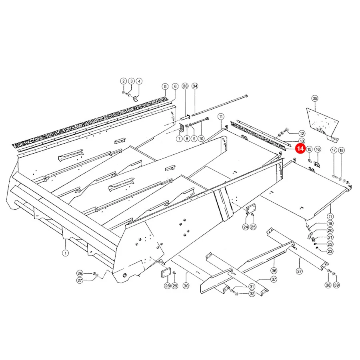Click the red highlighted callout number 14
[300, 148]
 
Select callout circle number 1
[66, 253]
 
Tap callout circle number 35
[315, 98]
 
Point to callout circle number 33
[185, 86]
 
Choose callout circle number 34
[195, 86]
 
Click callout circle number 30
[186, 286]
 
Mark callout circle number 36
[274, 271]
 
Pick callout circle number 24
[246, 227]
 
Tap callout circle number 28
[167, 286]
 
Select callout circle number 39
[336, 285]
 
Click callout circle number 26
[80, 273]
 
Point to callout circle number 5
[165, 86]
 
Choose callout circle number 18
[342, 150]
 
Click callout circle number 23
[330, 251]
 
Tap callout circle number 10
[201, 138]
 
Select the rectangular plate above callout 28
[166, 273]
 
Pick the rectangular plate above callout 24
[250, 209]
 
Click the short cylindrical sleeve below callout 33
[185, 118]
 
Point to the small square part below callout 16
[317, 164]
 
